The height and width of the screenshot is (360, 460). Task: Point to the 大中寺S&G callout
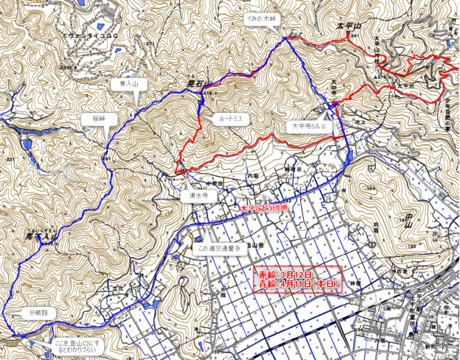pos(308,127)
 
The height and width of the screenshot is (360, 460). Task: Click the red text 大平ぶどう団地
pos(266,209)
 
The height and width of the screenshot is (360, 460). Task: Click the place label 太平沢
pos(404,86)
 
